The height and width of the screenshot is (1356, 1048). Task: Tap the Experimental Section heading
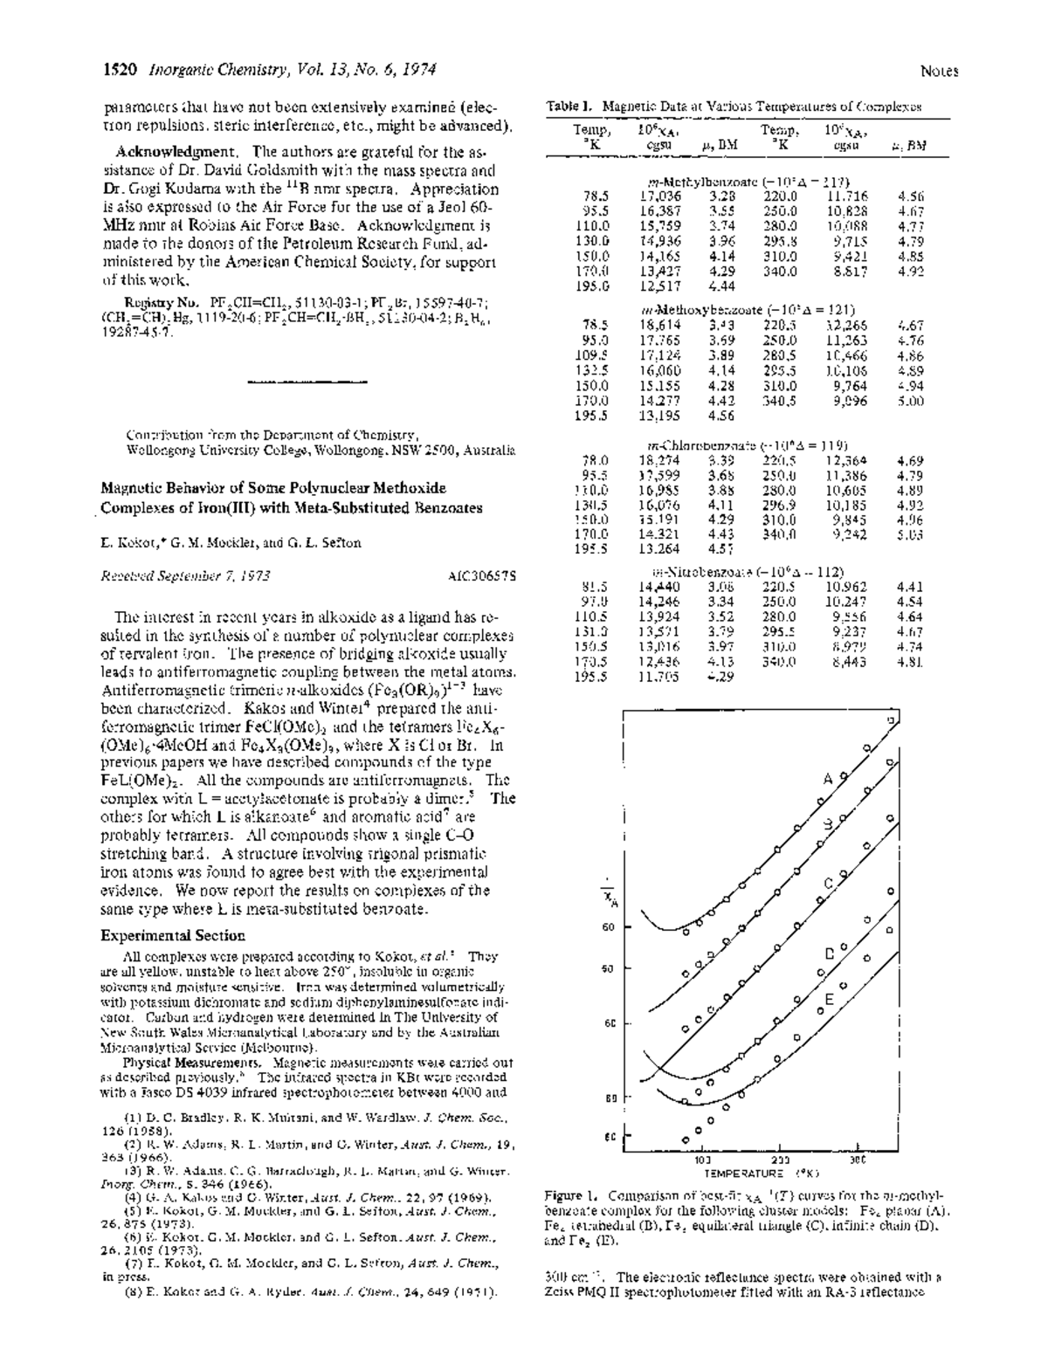[x=173, y=935]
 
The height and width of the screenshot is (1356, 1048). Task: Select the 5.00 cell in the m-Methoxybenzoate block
[x=910, y=401]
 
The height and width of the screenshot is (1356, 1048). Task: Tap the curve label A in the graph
[x=828, y=779]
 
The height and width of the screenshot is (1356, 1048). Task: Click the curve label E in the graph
[x=830, y=999]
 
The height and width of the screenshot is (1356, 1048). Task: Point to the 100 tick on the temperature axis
[x=701, y=1160]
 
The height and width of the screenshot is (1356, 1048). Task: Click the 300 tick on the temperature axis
[x=858, y=1160]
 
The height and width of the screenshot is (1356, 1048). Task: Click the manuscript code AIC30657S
[x=482, y=575]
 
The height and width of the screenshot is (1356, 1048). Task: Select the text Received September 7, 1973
[x=185, y=575]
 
